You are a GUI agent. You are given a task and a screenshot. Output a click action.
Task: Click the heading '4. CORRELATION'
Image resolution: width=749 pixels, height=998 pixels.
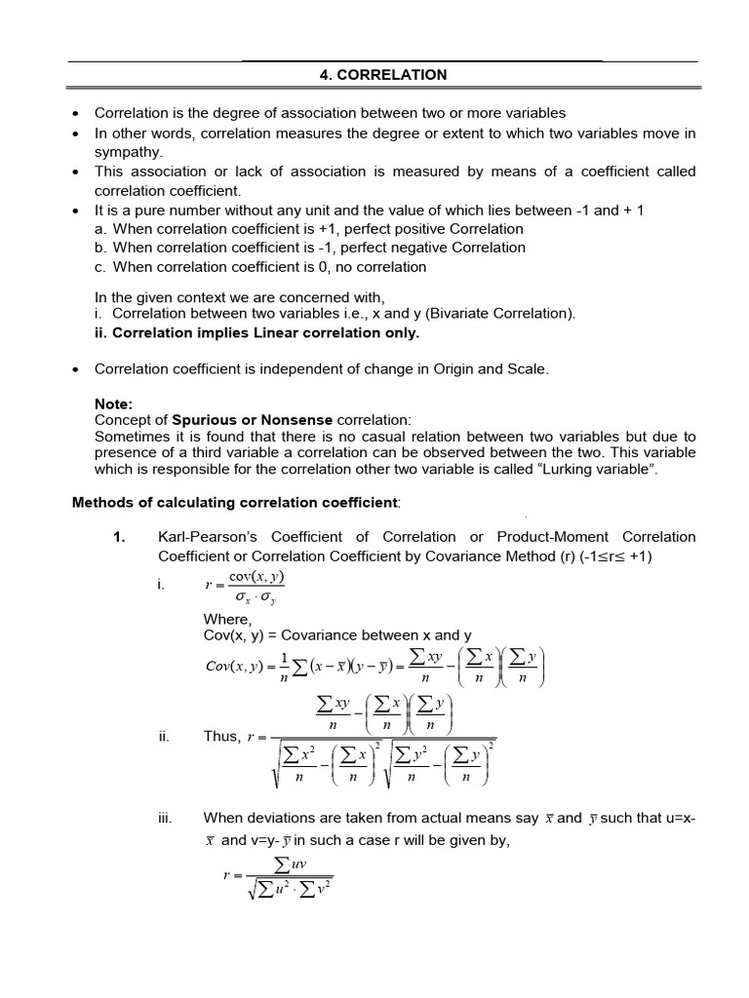point(383,74)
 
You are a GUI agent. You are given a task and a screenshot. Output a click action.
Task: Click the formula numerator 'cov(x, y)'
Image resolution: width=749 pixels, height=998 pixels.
point(256,576)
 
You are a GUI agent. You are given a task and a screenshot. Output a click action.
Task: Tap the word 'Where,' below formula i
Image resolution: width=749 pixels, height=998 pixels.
point(227,619)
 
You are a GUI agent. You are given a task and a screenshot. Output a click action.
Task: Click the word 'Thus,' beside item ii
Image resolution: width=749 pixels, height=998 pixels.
point(221,737)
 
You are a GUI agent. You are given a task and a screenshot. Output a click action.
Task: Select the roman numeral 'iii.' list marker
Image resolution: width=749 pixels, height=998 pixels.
point(167,818)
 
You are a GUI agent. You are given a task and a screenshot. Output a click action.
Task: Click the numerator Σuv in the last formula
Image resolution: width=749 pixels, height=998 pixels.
point(291,864)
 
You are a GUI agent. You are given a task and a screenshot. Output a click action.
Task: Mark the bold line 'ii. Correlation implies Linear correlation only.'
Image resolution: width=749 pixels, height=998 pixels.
point(256,332)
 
